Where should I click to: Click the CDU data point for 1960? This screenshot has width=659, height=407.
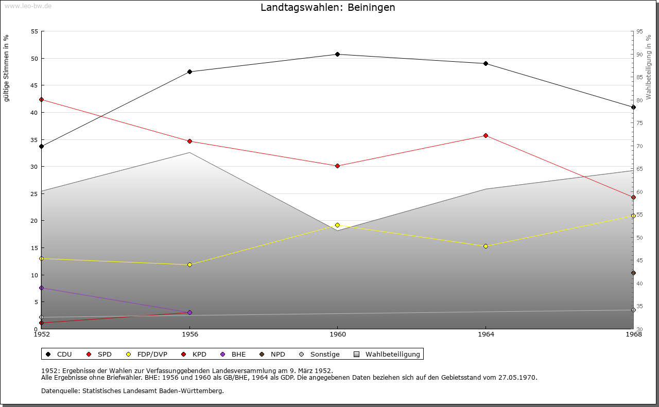(x=337, y=54)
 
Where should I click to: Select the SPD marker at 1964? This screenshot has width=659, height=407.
(x=485, y=135)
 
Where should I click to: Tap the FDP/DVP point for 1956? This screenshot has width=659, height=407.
(x=189, y=264)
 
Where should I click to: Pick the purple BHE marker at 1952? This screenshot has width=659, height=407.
(x=41, y=288)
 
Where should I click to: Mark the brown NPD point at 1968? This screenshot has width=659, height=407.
(x=633, y=273)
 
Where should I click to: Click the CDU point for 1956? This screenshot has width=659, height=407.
(x=189, y=72)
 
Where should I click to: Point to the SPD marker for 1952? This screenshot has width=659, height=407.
(x=41, y=99)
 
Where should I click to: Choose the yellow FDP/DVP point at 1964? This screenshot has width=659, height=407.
(x=485, y=246)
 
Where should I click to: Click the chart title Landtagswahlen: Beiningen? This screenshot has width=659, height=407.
(x=328, y=7)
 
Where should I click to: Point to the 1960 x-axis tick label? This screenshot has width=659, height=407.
(x=337, y=334)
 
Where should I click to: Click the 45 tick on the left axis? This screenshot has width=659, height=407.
(x=34, y=85)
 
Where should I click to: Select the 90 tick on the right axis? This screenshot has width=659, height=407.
(x=639, y=55)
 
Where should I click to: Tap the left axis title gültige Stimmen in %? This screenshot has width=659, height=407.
(x=6, y=68)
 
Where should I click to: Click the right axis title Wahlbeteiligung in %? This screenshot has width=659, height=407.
(x=649, y=67)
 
